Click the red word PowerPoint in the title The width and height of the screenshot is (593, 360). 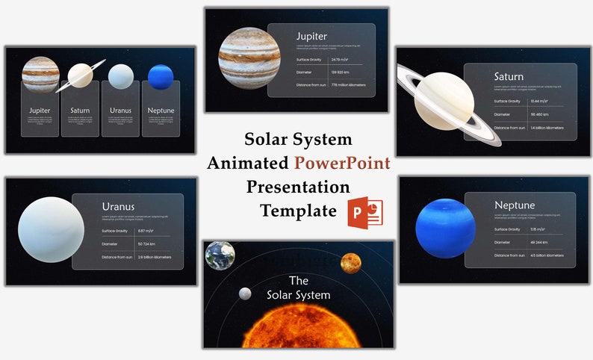coord(342,163)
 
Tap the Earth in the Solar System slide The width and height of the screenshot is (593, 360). coord(220,255)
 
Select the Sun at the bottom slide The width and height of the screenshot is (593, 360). coord(298,329)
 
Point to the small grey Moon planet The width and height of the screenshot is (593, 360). coord(244,294)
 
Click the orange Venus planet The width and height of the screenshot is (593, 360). coord(350,263)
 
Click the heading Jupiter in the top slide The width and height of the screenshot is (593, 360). coord(311,36)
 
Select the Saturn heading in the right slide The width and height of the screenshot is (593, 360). coord(509,76)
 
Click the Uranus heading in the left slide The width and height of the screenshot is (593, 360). coord(118,206)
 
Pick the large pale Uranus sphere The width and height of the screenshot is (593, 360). coord(51,229)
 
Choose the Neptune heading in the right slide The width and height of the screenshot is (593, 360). coord(515,205)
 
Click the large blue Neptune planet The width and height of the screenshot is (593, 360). coord(446,228)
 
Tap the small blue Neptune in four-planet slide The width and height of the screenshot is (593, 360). coord(161,77)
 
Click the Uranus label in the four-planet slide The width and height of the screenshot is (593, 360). coord(120,111)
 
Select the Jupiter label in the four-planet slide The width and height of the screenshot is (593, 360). coord(40,111)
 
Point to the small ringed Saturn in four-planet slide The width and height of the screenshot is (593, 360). coord(80,75)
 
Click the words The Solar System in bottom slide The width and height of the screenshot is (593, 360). coord(298,288)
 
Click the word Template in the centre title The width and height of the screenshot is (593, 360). coord(298,211)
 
